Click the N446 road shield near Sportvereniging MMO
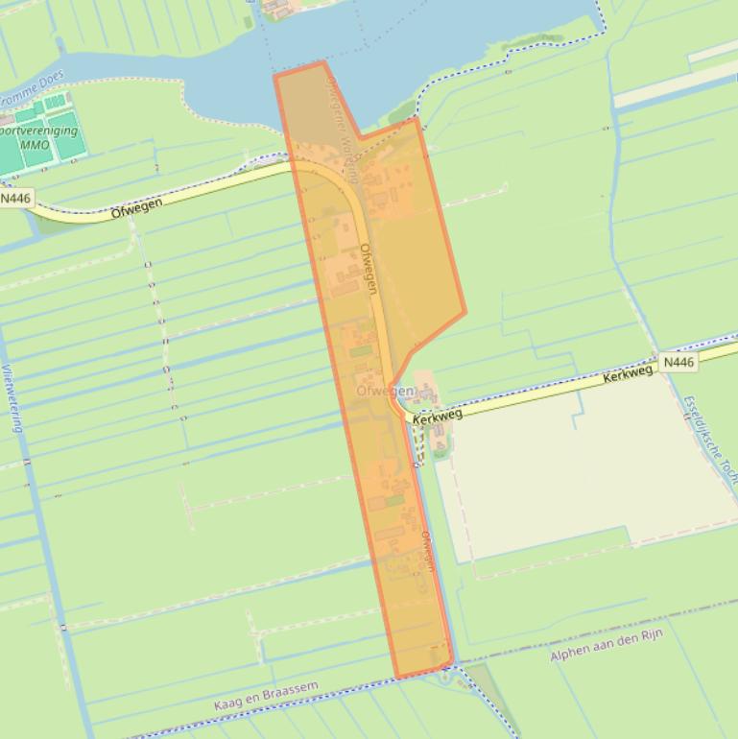16,199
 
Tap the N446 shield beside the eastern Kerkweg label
678,362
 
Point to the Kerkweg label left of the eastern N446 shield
628,373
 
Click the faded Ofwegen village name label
385,392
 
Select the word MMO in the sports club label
35,145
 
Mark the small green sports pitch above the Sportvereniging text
54,101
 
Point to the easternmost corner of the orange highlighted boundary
465,312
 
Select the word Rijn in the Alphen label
654,638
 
